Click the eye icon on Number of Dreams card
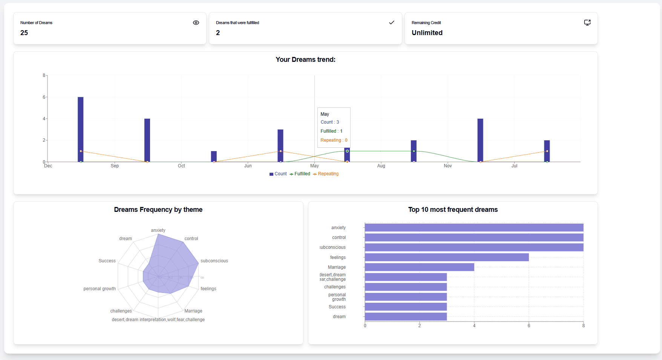(196, 23)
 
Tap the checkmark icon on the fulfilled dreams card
(391, 23)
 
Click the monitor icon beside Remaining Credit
(587, 23)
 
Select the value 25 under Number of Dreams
(24, 33)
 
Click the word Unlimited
(427, 33)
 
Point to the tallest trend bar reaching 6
(80, 128)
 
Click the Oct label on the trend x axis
(181, 166)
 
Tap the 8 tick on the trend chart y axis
(44, 75)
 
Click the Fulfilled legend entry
(300, 174)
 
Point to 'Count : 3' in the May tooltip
(329, 122)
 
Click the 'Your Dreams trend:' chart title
(305, 60)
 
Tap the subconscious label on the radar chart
(214, 261)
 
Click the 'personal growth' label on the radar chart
(100, 289)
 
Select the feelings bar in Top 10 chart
(446, 257)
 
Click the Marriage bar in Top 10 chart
(419, 267)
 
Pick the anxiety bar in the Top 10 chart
(474, 227)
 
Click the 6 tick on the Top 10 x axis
(529, 326)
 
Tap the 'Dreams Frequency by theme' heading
(158, 210)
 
